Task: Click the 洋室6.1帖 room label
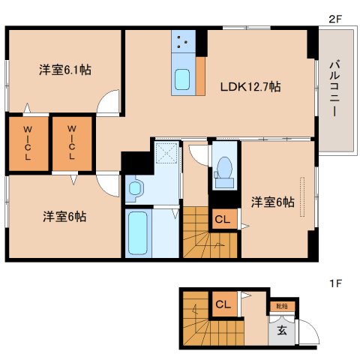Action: pyautogui.click(x=65, y=70)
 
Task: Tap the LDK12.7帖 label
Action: pyautogui.click(x=250, y=87)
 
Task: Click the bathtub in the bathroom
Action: pyautogui.click(x=138, y=234)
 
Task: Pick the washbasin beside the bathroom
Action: pyautogui.click(x=135, y=187)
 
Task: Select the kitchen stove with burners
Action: pyautogui.click(x=182, y=43)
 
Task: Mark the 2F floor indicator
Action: pyautogui.click(x=334, y=18)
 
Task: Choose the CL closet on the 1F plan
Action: pyautogui.click(x=223, y=304)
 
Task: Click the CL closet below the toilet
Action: pyautogui.click(x=223, y=219)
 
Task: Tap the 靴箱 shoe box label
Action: pyautogui.click(x=281, y=305)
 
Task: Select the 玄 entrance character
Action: pyautogui.click(x=281, y=329)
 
